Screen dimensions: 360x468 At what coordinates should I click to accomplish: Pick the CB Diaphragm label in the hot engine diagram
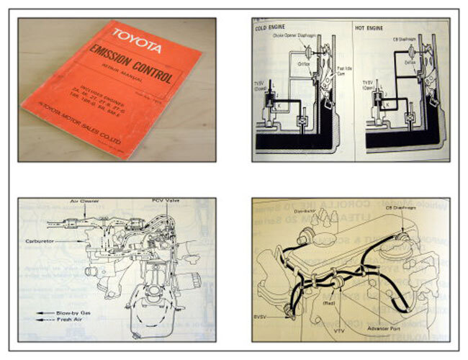(x=405, y=40)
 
